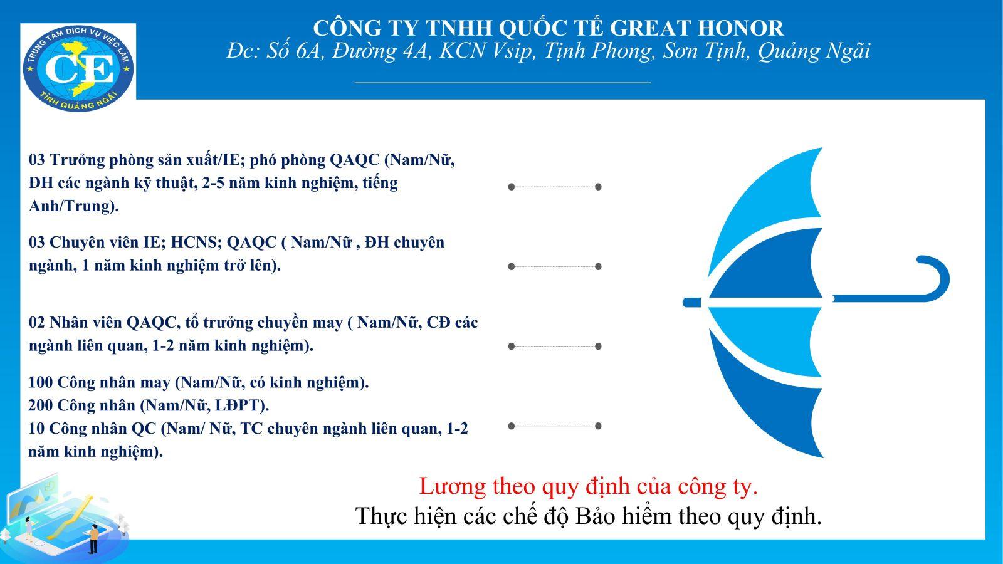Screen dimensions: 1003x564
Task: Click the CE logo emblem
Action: pyautogui.click(x=78, y=68)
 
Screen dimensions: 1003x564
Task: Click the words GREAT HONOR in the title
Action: pyautogui.click(x=696, y=28)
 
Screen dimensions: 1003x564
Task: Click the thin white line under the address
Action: pyautogui.click(x=502, y=82)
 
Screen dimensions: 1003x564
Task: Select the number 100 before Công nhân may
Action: pyautogui.click(x=40, y=382)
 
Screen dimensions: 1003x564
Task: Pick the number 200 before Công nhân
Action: pyautogui.click(x=41, y=405)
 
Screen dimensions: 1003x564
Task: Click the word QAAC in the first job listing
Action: pyautogui.click(x=355, y=160)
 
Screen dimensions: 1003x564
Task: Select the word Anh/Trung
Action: pyautogui.click(x=71, y=206)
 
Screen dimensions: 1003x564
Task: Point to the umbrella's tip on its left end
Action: pyautogui.click(x=685, y=303)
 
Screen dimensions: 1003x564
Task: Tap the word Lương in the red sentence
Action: pyautogui.click(x=452, y=486)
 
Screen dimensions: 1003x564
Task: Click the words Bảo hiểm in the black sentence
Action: pyautogui.click(x=624, y=516)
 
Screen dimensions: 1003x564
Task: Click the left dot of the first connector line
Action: pyautogui.click(x=512, y=187)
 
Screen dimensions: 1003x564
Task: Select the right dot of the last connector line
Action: pyautogui.click(x=598, y=426)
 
